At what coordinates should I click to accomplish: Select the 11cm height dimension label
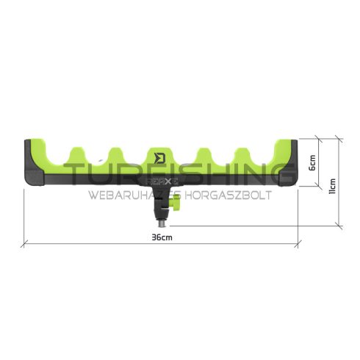331,181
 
